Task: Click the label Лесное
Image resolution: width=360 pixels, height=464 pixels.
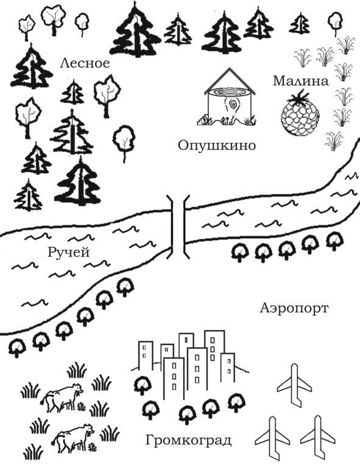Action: point(85,63)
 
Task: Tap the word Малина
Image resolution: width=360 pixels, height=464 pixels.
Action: point(300,81)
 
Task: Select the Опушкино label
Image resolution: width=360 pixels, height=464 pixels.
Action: point(217,146)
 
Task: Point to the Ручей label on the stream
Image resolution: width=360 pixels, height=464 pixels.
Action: point(68,253)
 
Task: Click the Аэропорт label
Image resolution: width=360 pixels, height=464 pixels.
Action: point(294,308)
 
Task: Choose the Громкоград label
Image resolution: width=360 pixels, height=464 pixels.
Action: point(188,440)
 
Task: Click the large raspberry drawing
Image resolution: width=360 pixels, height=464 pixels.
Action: point(300,113)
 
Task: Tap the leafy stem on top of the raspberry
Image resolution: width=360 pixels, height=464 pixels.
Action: point(300,96)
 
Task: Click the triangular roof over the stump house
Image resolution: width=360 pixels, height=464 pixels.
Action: point(230,82)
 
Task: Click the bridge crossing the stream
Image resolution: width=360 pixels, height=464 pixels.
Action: point(178,227)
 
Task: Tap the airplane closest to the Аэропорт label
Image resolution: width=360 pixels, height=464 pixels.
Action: point(294,385)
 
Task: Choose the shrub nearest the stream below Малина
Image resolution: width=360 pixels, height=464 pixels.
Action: point(334,141)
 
